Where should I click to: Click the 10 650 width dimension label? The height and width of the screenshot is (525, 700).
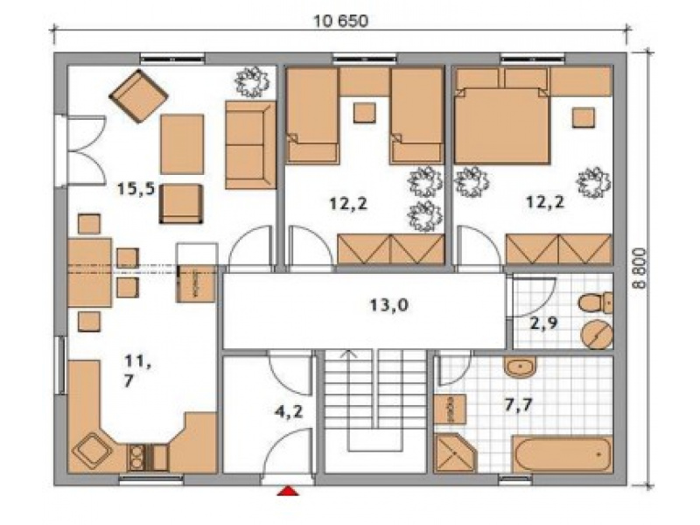(341, 21)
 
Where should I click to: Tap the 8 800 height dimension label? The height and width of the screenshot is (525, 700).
(640, 269)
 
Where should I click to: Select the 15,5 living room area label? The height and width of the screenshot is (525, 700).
(136, 189)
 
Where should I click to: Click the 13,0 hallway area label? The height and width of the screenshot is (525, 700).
(388, 305)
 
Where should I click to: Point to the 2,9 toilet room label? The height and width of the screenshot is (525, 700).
(543, 322)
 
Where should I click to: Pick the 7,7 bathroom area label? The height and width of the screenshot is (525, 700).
(518, 405)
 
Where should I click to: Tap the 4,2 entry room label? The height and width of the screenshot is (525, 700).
(289, 411)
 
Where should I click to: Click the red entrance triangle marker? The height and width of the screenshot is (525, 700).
(288, 491)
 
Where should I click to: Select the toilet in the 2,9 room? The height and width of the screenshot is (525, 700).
(596, 303)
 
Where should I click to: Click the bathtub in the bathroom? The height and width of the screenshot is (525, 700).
(562, 453)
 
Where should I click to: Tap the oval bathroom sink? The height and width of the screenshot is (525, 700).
(520, 367)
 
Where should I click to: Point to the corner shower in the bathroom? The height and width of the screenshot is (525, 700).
(455, 452)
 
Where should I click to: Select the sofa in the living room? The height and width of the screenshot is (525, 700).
(250, 144)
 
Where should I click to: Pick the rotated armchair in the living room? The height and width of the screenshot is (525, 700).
(139, 96)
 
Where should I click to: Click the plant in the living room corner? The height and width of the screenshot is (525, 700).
(252, 81)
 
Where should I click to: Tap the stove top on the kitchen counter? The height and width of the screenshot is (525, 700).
(136, 458)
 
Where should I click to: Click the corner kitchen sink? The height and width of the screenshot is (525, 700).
(92, 451)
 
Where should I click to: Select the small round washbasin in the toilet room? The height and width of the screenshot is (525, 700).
(597, 334)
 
